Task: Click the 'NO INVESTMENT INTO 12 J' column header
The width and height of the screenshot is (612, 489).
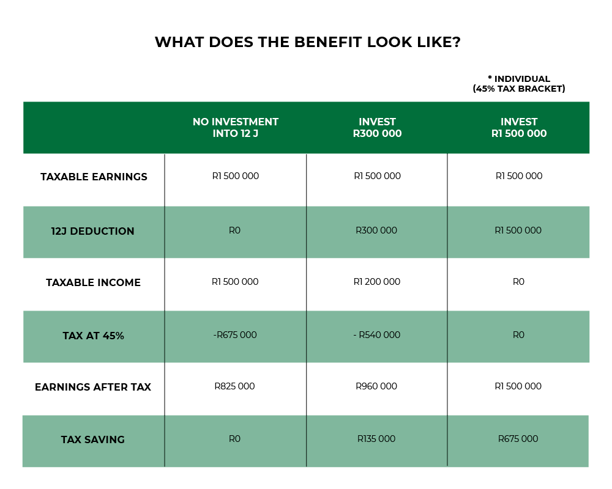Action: pyautogui.click(x=236, y=128)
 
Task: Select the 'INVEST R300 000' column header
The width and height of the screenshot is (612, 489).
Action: pyautogui.click(x=378, y=128)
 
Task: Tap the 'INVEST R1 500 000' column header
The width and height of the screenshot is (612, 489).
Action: pyautogui.click(x=519, y=128)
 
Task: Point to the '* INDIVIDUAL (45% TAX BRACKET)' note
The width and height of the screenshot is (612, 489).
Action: pyautogui.click(x=519, y=84)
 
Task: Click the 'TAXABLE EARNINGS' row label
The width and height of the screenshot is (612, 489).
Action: pyautogui.click(x=94, y=177)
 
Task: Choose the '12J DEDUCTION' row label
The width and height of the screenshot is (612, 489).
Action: pyautogui.click(x=93, y=231)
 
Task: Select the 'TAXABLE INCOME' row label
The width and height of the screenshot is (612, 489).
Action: pyautogui.click(x=93, y=282)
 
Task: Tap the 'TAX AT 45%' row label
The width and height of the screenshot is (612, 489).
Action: pyautogui.click(x=93, y=336)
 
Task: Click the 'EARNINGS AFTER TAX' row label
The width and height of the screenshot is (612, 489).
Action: pyautogui.click(x=93, y=387)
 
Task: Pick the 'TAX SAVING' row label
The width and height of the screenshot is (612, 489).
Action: pyautogui.click(x=93, y=439)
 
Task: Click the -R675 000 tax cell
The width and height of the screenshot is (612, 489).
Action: pyautogui.click(x=235, y=335)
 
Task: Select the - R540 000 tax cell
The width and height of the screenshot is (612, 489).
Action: pyautogui.click(x=377, y=335)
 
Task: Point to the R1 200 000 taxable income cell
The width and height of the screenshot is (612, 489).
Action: pyautogui.click(x=377, y=282)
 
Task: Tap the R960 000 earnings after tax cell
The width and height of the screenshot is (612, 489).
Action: pyautogui.click(x=376, y=386)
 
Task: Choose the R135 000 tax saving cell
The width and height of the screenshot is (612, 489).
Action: pyautogui.click(x=376, y=439)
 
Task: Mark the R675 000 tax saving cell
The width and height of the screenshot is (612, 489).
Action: pyautogui.click(x=518, y=439)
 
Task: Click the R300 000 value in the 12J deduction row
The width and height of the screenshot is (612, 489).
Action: pyautogui.click(x=376, y=230)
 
